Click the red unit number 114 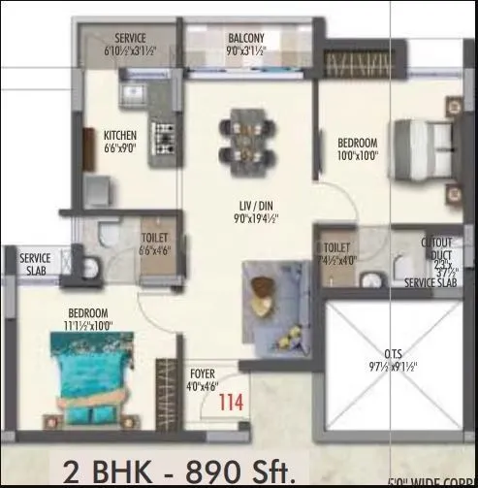click(x=230, y=397)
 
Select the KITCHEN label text click(x=121, y=135)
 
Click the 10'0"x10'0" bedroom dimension click(x=357, y=153)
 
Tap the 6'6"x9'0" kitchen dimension click(x=120, y=148)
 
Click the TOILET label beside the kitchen click(x=155, y=237)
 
